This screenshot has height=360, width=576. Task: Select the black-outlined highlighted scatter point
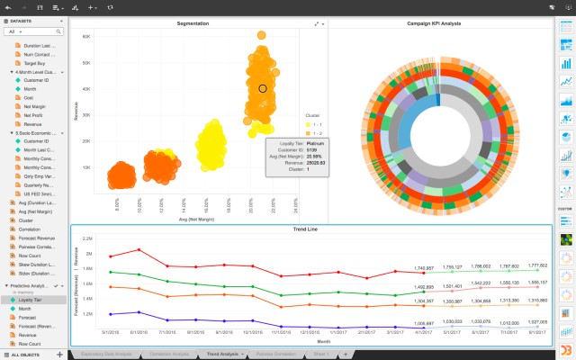pos(263,88)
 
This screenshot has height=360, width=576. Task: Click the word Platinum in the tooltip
pos(314,142)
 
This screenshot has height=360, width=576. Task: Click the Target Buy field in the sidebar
pos(36,62)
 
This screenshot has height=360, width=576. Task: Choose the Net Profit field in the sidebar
pos(34,115)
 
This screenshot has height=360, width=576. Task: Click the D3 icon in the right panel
pos(565,349)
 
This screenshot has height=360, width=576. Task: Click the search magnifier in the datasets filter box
pos(59,31)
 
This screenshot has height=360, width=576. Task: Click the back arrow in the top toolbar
pos(7,5)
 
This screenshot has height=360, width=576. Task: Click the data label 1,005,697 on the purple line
pos(424,321)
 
